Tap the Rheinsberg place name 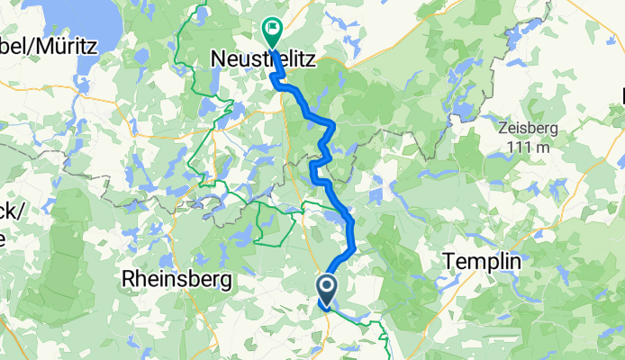click(176, 279)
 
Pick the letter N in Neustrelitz click(216, 60)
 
